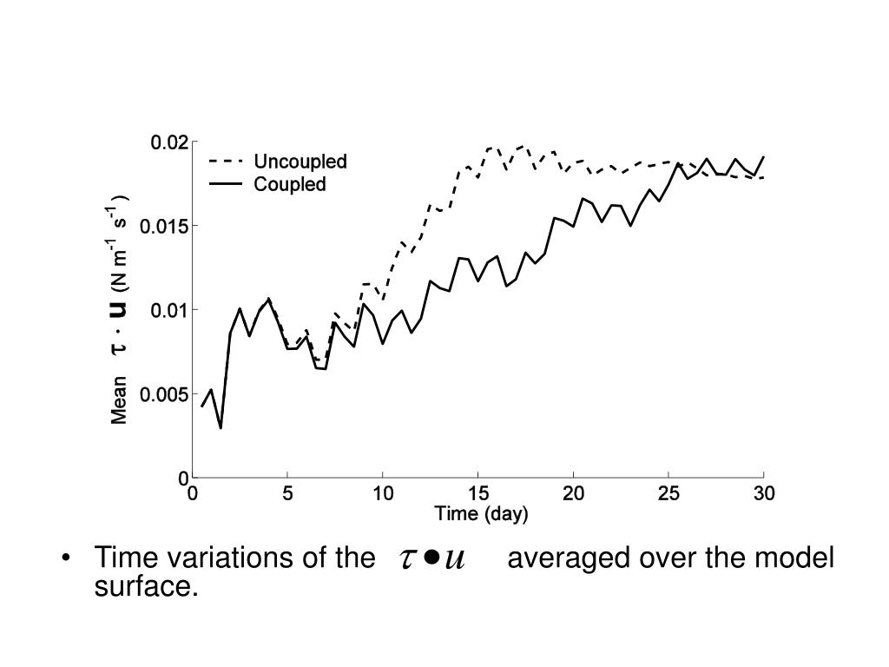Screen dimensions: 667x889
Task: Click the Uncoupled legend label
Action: coord(300,162)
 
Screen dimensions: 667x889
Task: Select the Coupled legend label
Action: coord(289,184)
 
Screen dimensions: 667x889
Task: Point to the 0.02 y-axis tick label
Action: coord(169,142)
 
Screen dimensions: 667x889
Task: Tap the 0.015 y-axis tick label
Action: coord(166,226)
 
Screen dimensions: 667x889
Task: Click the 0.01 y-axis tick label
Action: coord(169,310)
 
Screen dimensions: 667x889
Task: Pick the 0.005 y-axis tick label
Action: coord(166,394)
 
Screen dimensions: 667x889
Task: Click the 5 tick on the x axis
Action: coord(288,494)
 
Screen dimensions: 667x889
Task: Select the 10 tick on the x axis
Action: coord(383,494)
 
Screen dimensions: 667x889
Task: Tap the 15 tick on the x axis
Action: coord(478,494)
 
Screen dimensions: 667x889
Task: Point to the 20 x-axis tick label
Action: coord(573,494)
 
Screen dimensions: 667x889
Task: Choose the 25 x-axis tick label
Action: coord(668,494)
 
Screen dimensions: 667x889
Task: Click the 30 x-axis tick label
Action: coord(763,494)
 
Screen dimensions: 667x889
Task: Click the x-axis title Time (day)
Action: coord(481,514)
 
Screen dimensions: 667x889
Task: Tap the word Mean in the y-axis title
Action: coord(120,400)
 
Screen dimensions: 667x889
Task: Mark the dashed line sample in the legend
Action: coord(226,162)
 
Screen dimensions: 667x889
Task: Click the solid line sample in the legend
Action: coord(226,184)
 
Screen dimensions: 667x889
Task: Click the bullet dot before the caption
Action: coord(66,558)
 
